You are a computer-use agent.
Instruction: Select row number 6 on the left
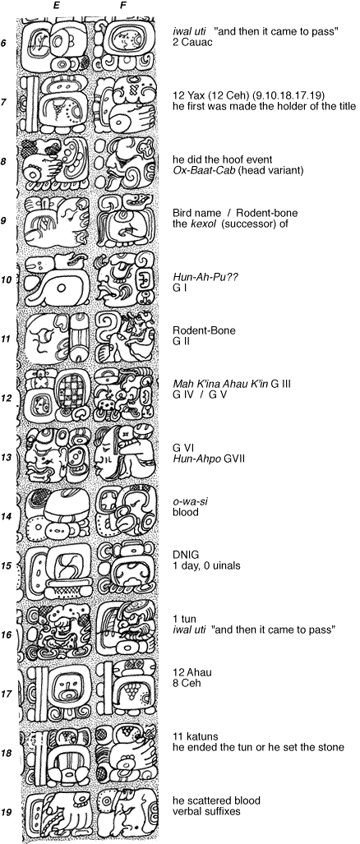coord(4,43)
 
